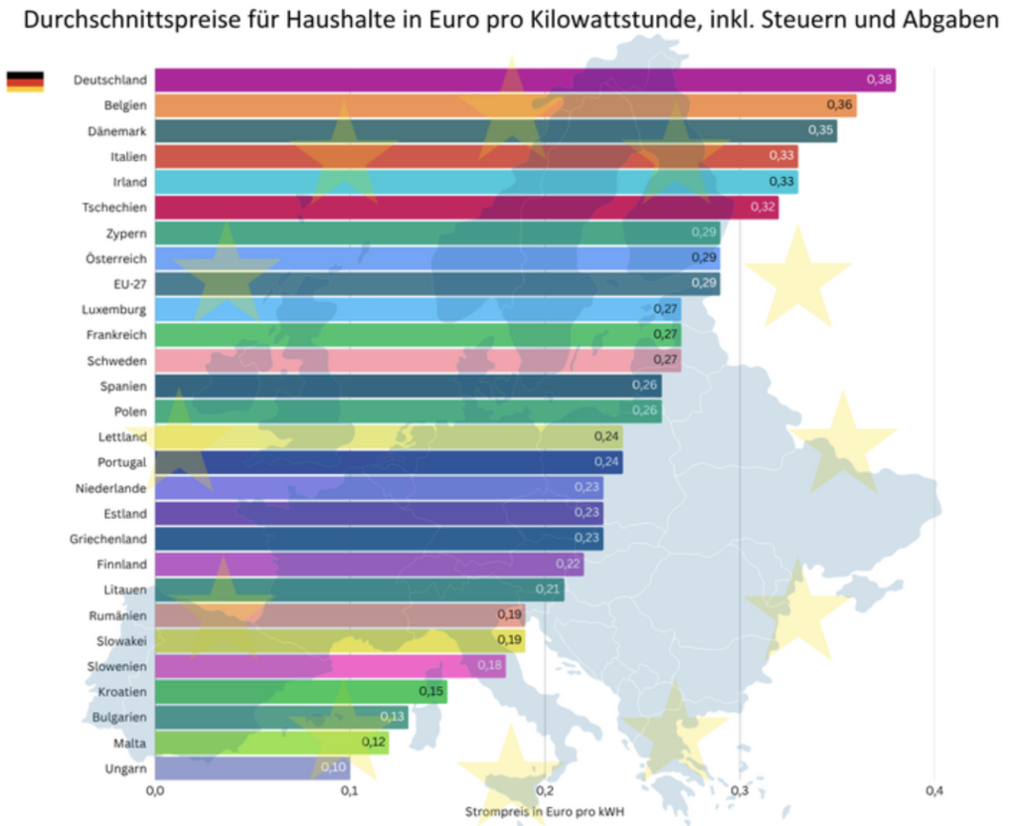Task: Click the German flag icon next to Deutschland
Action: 25,81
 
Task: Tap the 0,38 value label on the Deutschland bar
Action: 879,80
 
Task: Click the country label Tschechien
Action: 114,207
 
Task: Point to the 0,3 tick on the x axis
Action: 740,790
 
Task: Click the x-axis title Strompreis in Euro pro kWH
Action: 545,810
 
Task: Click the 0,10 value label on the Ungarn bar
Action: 333,767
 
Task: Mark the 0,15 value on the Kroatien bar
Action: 430,691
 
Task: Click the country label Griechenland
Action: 108,539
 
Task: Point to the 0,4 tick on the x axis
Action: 933,790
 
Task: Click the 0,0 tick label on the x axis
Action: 155,790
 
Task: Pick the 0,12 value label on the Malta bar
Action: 372,743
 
